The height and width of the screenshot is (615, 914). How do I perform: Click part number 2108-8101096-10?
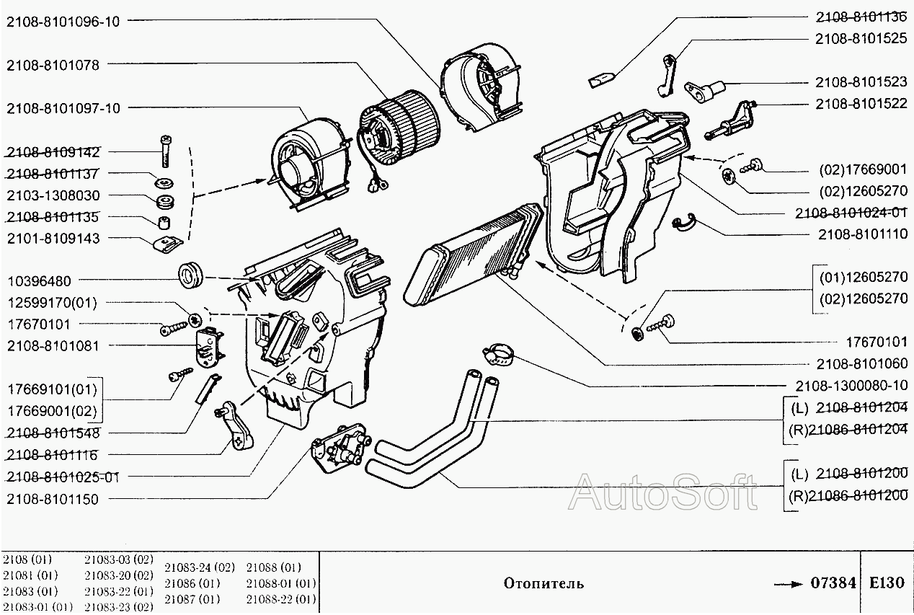pyautogui.click(x=63, y=22)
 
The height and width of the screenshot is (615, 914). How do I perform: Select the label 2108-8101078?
pyautogui.click(x=53, y=65)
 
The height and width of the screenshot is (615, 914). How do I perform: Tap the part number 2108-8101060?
pyautogui.click(x=862, y=363)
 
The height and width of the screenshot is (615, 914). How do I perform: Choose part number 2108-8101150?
pyautogui.click(x=53, y=499)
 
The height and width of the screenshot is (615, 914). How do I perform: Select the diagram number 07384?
pyautogui.click(x=833, y=583)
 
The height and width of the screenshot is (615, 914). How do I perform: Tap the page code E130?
pyautogui.click(x=887, y=583)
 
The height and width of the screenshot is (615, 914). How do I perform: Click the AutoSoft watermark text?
pyautogui.click(x=662, y=492)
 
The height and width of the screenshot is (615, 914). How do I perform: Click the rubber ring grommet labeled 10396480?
pyautogui.click(x=192, y=274)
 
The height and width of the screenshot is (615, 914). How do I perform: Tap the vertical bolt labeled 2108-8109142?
pyautogui.click(x=166, y=151)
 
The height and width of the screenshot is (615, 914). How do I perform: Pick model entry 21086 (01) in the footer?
pyautogui.click(x=192, y=583)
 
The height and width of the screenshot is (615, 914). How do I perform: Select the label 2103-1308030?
pyautogui.click(x=53, y=195)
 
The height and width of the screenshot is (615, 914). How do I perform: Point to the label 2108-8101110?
pyautogui.click(x=862, y=234)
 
